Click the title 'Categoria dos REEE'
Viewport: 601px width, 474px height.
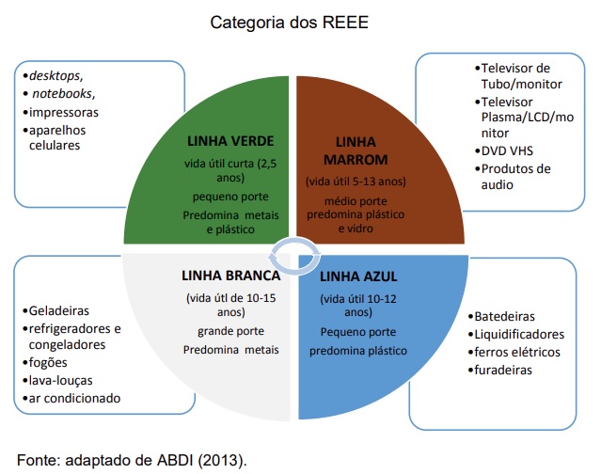tap(289, 23)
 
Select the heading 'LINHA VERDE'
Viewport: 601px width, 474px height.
tap(230, 141)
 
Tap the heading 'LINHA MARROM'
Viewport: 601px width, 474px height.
tap(356, 150)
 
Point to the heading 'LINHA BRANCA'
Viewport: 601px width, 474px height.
tap(230, 276)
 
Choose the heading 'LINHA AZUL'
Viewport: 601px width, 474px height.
tap(358, 276)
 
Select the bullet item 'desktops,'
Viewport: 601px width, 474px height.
tap(53, 76)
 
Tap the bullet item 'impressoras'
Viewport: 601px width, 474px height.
tap(60, 112)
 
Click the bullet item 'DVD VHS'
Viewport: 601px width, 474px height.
tap(503, 150)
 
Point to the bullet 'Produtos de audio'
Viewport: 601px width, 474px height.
tap(513, 177)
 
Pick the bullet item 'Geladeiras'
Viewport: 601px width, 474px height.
tap(55, 310)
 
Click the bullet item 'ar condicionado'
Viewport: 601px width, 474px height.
tap(71, 398)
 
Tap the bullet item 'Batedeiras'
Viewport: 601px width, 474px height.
tap(501, 317)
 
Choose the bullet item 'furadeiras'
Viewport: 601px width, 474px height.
tap(500, 371)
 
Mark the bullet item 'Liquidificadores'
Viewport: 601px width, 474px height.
tap(516, 335)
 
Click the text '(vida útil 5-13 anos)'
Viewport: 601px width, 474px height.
tap(356, 182)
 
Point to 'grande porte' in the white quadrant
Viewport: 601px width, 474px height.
tap(230, 331)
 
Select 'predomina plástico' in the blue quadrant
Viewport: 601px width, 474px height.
tap(358, 351)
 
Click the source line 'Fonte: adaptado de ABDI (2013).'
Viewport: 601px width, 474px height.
tap(132, 460)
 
